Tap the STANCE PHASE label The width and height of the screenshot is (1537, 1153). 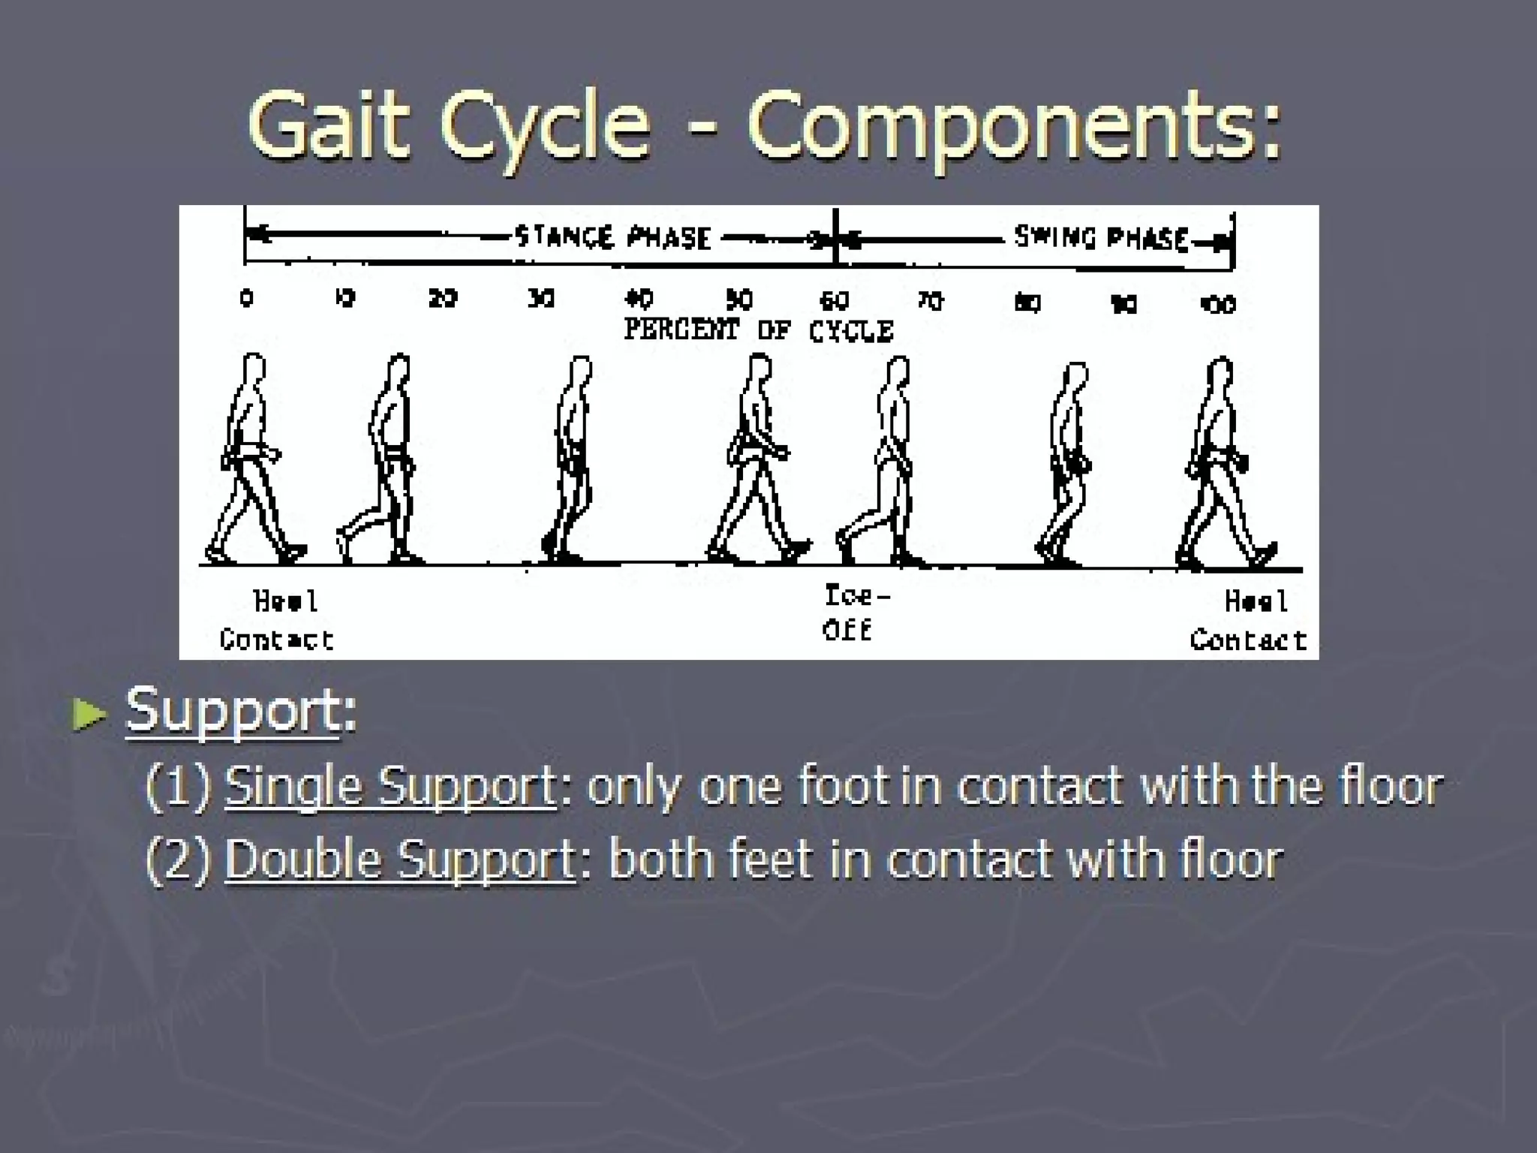(612, 238)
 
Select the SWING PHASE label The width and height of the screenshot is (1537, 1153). (1101, 238)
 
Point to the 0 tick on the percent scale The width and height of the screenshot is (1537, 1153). (247, 298)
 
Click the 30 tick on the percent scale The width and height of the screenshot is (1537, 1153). (541, 299)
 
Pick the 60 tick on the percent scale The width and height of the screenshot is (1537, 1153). (834, 301)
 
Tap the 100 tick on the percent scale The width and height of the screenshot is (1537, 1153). (1217, 304)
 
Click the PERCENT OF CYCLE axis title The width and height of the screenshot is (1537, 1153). (758, 330)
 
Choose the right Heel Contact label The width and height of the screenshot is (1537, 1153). (1249, 620)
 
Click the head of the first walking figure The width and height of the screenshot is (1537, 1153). (254, 369)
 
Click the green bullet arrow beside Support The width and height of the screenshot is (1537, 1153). (89, 714)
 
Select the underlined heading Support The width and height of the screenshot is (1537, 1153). (233, 710)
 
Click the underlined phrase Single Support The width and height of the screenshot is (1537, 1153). (390, 787)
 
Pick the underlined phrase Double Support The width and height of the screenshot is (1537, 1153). (400, 859)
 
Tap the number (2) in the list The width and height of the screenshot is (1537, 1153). (179, 859)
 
